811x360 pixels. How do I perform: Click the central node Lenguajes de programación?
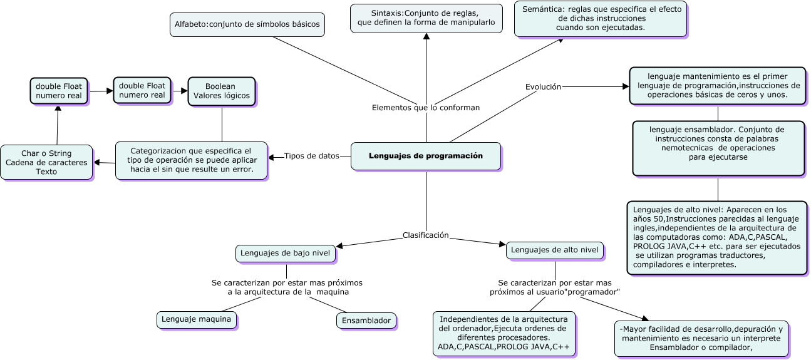426,156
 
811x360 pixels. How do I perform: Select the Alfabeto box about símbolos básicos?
247,24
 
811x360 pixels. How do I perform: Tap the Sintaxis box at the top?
426,18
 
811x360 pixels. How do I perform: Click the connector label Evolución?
543,87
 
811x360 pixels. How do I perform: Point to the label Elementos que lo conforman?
426,108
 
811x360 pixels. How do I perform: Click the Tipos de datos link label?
311,156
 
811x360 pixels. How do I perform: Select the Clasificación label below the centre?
426,235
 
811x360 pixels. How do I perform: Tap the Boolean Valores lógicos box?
222,91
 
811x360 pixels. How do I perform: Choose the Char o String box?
46,162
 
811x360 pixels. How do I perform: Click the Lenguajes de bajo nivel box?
286,254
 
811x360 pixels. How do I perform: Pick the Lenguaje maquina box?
197,319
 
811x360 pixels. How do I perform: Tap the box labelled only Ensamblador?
366,321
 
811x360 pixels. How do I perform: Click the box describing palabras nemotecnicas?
718,148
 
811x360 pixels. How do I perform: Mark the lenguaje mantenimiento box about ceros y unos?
717,85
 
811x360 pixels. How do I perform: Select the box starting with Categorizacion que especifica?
192,160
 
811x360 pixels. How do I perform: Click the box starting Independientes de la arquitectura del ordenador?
504,333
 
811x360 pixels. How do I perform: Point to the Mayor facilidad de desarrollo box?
701,339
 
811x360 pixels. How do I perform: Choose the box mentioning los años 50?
717,237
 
